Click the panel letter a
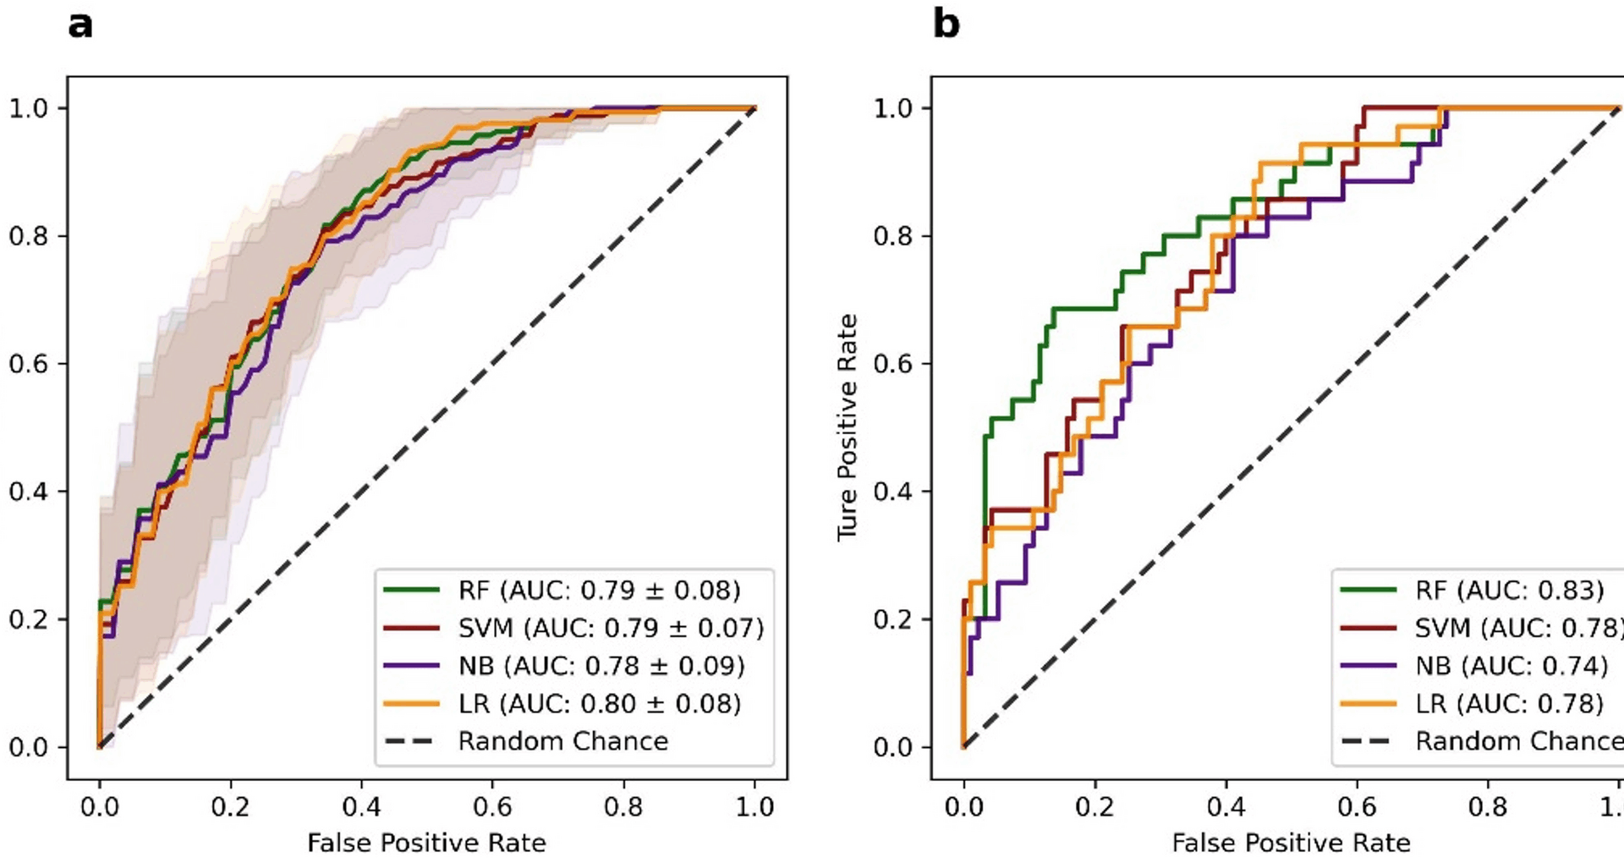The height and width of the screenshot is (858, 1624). pyautogui.click(x=80, y=25)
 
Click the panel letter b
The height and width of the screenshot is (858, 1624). pyautogui.click(x=946, y=24)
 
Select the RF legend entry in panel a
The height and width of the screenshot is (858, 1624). pyautogui.click(x=599, y=590)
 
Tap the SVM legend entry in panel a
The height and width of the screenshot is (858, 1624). pyautogui.click(x=611, y=628)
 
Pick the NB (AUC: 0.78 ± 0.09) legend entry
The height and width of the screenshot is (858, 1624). pyautogui.click(x=601, y=666)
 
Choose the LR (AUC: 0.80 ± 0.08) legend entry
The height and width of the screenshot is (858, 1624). pyautogui.click(x=599, y=703)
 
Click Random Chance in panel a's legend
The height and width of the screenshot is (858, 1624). pyautogui.click(x=562, y=741)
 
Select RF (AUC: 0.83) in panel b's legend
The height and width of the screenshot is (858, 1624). pyautogui.click(x=1509, y=590)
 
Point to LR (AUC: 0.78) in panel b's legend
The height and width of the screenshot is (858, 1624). pyautogui.click(x=1509, y=703)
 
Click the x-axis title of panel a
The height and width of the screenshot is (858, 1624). pyautogui.click(x=426, y=843)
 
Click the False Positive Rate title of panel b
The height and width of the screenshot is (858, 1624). pyautogui.click(x=1291, y=843)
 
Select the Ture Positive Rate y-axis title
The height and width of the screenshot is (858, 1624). pyautogui.click(x=848, y=427)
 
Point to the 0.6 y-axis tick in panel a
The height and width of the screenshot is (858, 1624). pyautogui.click(x=28, y=364)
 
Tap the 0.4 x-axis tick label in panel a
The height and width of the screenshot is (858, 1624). pyautogui.click(x=361, y=807)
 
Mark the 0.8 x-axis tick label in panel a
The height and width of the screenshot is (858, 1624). pyautogui.click(x=623, y=807)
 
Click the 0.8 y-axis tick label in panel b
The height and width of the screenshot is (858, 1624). pyautogui.click(x=892, y=236)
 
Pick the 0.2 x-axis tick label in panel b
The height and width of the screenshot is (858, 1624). pyautogui.click(x=1095, y=807)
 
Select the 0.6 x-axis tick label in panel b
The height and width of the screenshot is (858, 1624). pyautogui.click(x=1357, y=807)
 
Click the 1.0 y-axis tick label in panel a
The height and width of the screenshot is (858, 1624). pyautogui.click(x=28, y=108)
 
